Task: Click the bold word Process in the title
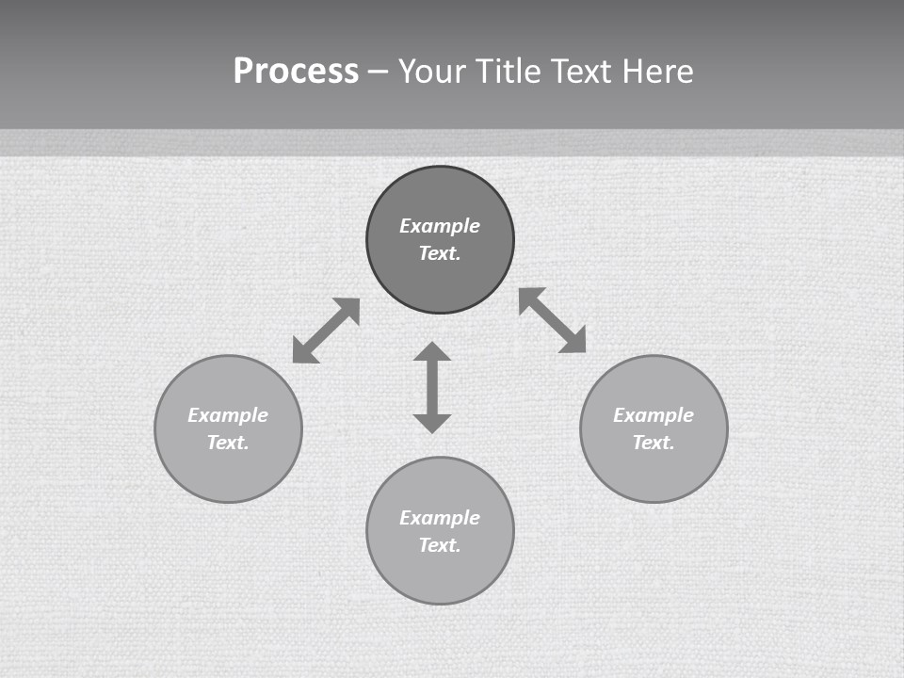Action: coord(296,72)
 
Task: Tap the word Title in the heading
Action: coord(508,72)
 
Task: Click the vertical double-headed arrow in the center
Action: coord(432,387)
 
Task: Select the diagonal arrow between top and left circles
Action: coord(326,331)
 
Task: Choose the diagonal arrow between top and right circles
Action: coord(553,320)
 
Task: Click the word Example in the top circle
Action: coord(440,226)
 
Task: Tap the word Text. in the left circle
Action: coord(228,443)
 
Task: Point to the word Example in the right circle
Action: coord(654,415)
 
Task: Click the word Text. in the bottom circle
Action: coord(440,545)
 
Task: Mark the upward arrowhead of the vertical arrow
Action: coord(432,352)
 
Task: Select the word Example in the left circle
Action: coord(228,415)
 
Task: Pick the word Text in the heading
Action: coord(580,72)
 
